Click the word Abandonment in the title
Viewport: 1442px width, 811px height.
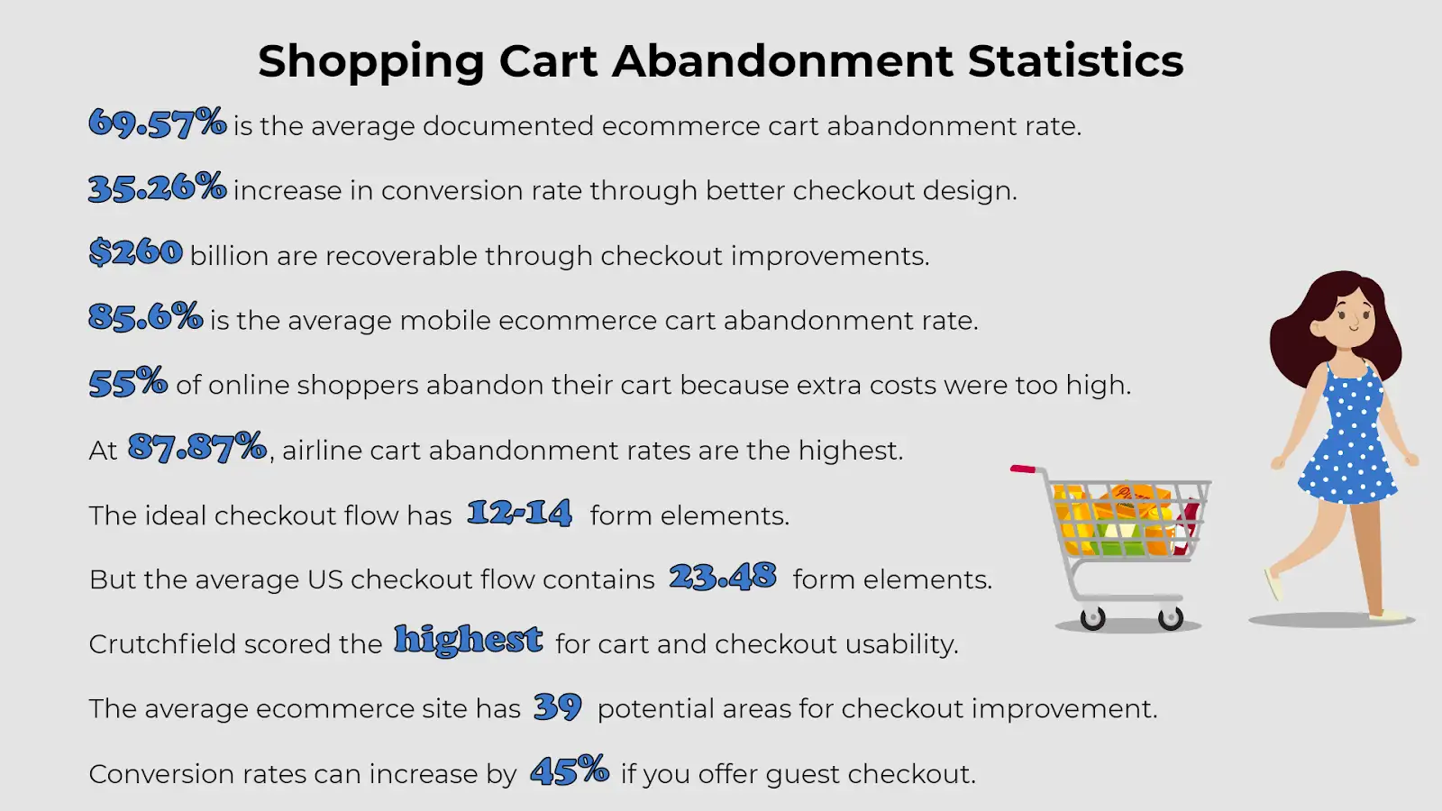click(x=782, y=61)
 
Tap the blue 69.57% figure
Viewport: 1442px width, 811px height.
click(x=158, y=123)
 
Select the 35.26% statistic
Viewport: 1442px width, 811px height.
click(x=158, y=187)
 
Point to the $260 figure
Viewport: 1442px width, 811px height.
click(x=136, y=252)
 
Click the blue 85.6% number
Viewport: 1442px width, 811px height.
click(x=145, y=316)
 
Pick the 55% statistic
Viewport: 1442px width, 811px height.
click(x=128, y=382)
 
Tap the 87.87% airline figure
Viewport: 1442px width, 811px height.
click(x=197, y=447)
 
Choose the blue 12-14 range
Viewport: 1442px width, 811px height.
click(x=519, y=513)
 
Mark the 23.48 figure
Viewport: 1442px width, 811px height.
click(x=723, y=576)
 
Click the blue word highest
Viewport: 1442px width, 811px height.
click(x=469, y=641)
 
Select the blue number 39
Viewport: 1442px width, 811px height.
click(x=558, y=706)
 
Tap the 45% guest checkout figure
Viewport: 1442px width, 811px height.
click(x=570, y=770)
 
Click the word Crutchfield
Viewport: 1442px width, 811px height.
click(x=162, y=644)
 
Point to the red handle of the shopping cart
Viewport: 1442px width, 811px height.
click(x=1024, y=469)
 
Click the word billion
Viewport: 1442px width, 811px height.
click(x=229, y=256)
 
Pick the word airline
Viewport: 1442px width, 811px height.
click(x=321, y=450)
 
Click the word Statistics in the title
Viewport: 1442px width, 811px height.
click(x=1075, y=61)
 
